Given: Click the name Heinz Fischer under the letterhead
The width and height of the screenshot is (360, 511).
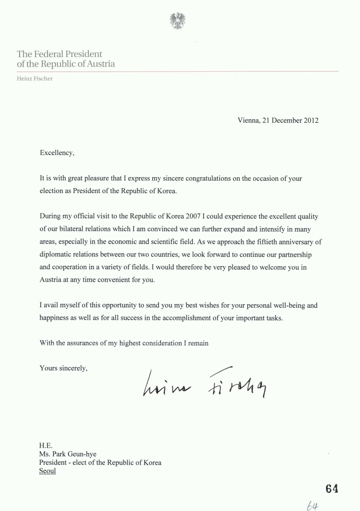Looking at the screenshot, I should coord(35,78).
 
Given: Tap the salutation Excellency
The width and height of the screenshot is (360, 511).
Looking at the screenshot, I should coord(57,153).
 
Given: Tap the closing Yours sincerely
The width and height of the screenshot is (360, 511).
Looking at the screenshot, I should coord(63,367).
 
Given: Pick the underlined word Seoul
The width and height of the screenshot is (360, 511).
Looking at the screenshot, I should coord(48,471).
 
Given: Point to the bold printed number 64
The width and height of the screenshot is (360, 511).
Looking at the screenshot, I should coord(332,489).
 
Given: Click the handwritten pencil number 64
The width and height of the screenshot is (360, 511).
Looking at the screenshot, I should coord(313,505).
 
